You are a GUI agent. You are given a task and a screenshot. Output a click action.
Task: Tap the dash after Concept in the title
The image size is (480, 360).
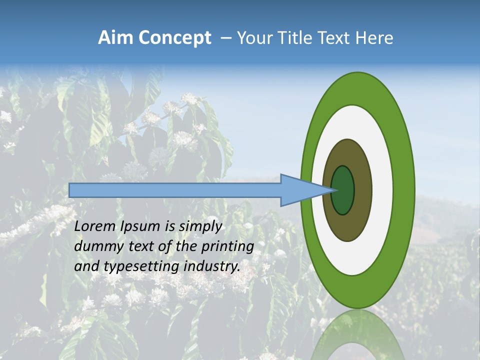click(225, 38)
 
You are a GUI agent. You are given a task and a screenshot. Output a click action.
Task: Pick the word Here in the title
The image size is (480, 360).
click(374, 38)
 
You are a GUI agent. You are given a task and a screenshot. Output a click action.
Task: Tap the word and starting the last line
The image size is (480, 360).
click(86, 266)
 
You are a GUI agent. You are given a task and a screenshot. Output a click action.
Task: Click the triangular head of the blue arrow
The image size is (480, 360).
click(300, 190)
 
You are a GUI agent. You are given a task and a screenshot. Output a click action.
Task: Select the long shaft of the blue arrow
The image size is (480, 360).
click(175, 190)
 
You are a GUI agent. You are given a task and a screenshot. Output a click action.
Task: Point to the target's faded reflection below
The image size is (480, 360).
click(358, 335)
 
